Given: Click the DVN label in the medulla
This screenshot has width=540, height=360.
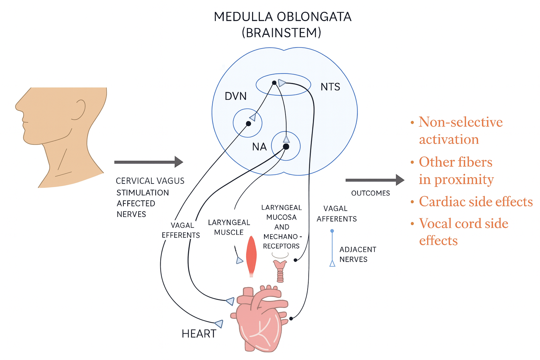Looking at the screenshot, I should point(236,96).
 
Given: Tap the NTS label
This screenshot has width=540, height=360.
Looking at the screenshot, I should point(330,87).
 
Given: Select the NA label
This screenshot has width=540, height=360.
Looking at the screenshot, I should point(259,147).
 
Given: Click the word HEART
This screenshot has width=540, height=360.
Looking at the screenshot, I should point(199,334).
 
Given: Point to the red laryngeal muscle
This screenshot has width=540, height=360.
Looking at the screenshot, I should point(251,255).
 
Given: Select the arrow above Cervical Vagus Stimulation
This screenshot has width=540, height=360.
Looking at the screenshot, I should point(148,162).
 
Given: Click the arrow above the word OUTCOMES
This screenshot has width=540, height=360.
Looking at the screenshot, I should point(375,180).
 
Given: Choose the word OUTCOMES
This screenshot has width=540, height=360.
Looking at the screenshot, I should point(371,193).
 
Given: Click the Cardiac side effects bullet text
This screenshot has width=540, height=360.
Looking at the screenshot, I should point(476,202).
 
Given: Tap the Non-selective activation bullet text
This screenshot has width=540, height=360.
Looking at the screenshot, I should point(461,130).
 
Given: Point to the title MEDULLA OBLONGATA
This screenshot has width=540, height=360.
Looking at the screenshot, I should point(283,17).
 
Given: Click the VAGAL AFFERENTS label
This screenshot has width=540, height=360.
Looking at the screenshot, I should point(336,214).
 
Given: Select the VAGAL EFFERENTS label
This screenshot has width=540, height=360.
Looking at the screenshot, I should point(181,230).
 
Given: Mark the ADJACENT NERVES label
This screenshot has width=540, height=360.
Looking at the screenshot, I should point(358,255).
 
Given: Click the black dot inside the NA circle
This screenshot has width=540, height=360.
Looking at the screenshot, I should point(286,147).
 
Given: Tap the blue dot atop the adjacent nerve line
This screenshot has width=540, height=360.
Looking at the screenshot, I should point(332,231).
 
